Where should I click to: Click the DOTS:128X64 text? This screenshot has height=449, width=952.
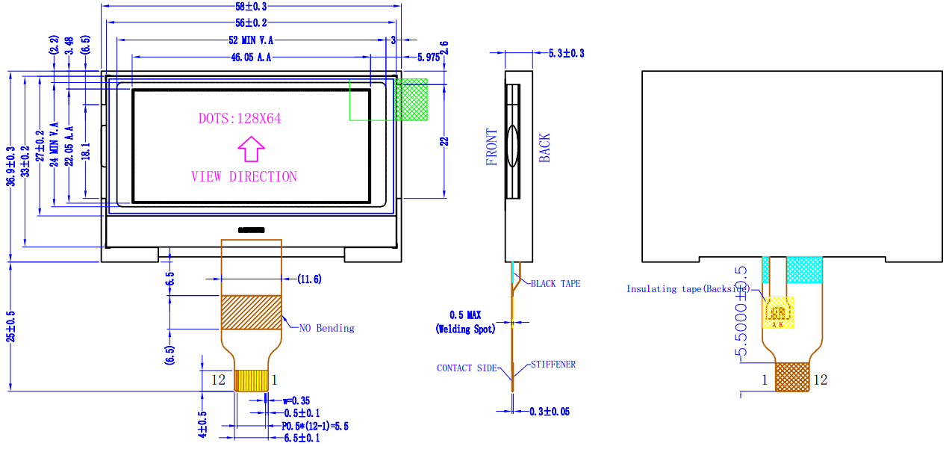tap(240, 118)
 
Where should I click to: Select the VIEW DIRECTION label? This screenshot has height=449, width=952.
tap(244, 177)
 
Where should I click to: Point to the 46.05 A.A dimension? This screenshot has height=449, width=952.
tap(251, 58)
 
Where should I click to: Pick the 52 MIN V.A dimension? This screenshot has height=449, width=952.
tap(251, 40)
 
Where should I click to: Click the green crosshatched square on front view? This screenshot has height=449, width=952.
tap(411, 99)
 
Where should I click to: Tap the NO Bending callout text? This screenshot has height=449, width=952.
tap(326, 328)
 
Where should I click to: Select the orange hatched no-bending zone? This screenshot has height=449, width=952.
tap(251, 312)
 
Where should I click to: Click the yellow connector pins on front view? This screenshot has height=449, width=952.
tap(252, 380)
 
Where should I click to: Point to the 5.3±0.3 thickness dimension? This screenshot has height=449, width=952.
tap(566, 53)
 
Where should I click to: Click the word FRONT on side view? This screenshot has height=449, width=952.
tap(491, 147)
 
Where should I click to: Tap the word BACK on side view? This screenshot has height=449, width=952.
tap(544, 148)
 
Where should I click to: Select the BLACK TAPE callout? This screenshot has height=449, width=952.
tap(555, 284)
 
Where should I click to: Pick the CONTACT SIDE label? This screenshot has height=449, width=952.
tap(466, 368)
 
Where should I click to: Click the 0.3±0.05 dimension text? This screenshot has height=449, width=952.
tap(550, 412)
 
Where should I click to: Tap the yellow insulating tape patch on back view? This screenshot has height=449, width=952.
tap(777, 312)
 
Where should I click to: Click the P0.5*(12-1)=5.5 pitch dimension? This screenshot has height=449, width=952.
tap(315, 426)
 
